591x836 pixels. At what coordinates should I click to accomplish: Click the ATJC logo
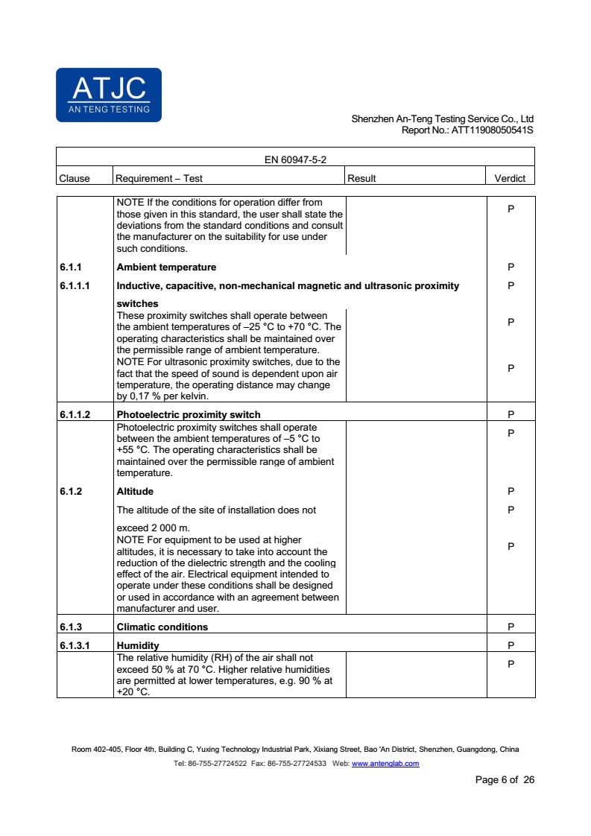coord(109,95)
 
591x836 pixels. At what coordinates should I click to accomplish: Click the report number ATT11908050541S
coord(493,130)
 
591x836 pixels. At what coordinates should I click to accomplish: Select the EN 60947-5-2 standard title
coord(295,159)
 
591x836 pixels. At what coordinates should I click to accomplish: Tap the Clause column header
coord(74,178)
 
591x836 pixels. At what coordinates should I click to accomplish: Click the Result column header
coord(362,178)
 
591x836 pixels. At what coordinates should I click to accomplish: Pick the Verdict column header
coord(510,178)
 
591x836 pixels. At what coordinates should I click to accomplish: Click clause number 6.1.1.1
coord(75,286)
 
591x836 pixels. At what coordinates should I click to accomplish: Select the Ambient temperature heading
coord(166,267)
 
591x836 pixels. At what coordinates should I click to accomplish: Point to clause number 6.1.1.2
coord(75,414)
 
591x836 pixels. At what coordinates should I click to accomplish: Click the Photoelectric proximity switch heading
coord(189,414)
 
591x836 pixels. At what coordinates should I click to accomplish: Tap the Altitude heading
coord(135,492)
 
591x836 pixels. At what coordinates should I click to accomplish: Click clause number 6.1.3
coord(71,627)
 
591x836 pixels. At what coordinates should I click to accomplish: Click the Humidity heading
coord(138,645)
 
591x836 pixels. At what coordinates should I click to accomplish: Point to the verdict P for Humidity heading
coord(511,645)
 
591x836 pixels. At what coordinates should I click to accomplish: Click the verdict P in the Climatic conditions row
coord(511,627)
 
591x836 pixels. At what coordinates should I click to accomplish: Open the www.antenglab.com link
coord(385,764)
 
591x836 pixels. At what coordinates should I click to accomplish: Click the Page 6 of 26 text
coord(505,780)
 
